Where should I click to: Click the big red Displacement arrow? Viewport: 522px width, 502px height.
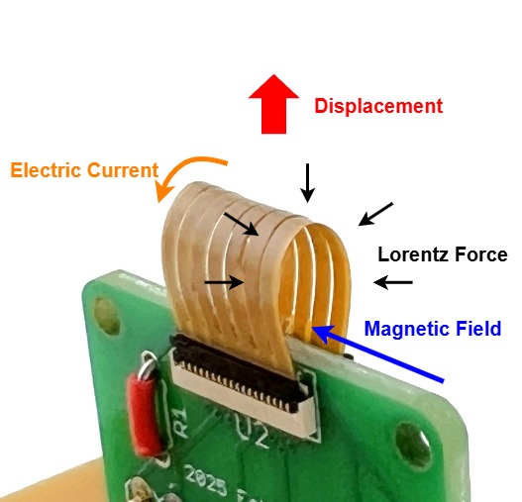click(273, 104)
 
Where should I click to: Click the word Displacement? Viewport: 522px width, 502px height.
click(378, 106)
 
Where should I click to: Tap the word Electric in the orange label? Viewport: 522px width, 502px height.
click(47, 170)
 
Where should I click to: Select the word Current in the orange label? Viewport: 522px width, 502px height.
click(123, 170)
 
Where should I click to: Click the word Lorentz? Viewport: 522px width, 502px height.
click(414, 254)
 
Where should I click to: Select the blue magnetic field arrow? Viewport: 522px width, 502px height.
click(377, 353)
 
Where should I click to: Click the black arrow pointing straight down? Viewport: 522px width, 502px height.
click(307, 183)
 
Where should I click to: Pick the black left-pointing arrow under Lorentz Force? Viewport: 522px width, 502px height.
click(393, 282)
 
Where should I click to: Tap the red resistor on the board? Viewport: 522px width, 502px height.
click(146, 415)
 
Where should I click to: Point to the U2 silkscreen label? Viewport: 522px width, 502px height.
click(252, 432)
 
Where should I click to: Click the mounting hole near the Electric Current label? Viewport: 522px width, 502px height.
click(106, 315)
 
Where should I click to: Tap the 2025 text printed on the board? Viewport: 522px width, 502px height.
click(206, 482)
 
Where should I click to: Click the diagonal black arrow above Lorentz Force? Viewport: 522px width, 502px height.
click(375, 214)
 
